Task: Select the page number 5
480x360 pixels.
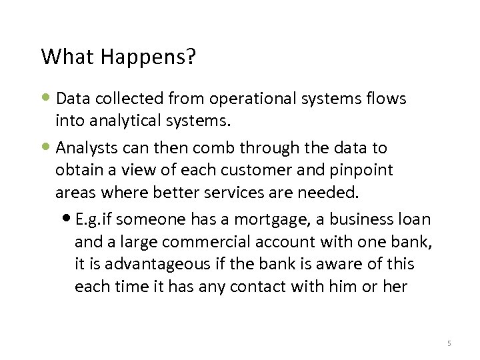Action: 449,343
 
